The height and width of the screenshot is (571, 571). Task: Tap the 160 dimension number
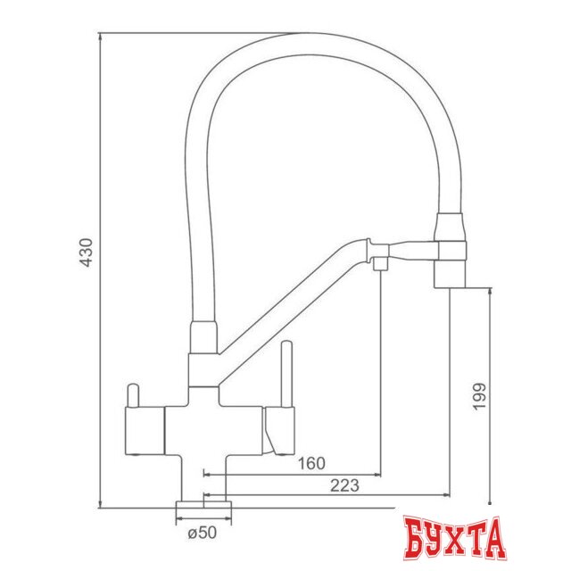coord(312,463)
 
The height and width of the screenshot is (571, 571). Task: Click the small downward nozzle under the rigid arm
coord(381,263)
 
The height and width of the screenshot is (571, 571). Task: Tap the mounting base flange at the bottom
coord(204,510)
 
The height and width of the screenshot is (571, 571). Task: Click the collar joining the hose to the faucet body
coord(203,340)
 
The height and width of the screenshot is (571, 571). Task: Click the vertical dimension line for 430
coord(99,268)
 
